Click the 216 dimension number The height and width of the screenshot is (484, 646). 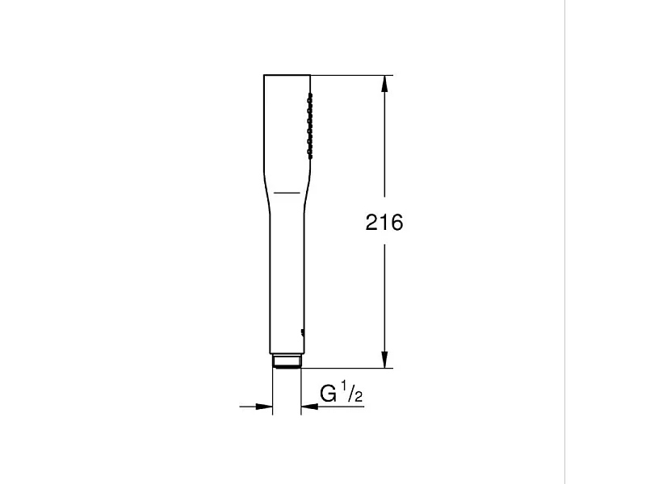(384, 223)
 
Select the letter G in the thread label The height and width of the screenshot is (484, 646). (329, 394)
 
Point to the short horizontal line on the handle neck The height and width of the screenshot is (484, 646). (286, 193)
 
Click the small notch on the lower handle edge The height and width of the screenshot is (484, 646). (301, 331)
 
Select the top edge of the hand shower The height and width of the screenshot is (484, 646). (287, 76)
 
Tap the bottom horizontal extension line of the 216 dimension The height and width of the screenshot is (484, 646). (347, 368)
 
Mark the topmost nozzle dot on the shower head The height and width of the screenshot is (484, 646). (308, 97)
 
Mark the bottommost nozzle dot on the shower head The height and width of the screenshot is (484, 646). (308, 151)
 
